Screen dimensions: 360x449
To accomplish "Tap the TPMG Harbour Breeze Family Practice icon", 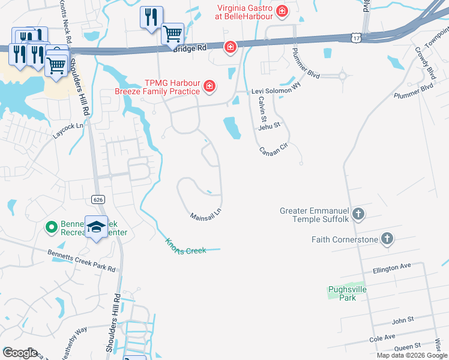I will pyautogui.click(x=209, y=88).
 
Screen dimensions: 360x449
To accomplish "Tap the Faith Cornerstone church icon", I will pyautogui.click(x=387, y=239).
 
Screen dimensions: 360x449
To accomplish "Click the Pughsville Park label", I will pyautogui.click(x=347, y=293).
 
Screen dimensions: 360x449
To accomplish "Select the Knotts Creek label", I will pyautogui.click(x=185, y=245).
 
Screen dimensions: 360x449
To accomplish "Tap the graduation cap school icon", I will pyautogui.click(x=96, y=227).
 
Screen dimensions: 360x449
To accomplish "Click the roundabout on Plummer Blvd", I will pyautogui.click(x=343, y=76).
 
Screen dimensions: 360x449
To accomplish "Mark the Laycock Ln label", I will pyautogui.click(x=66, y=130).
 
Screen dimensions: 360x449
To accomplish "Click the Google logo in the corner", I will pyautogui.click(x=20, y=353).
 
